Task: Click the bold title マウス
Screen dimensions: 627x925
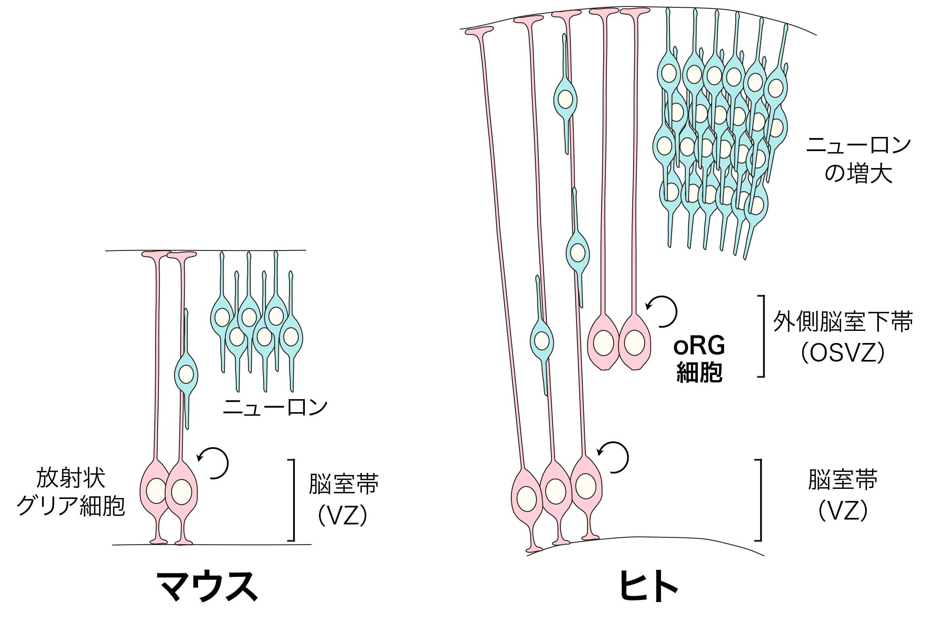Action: pos(207,587)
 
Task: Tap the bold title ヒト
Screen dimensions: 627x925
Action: pos(648,587)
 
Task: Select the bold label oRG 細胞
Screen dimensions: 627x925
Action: pos(699,359)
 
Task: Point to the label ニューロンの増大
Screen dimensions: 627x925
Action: pos(858,160)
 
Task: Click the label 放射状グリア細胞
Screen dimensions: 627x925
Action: pos(71,492)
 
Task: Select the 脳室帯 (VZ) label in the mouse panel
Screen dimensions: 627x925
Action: pos(343,499)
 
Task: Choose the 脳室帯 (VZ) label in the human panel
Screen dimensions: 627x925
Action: pos(843,495)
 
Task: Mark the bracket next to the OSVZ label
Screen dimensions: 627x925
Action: pos(762,336)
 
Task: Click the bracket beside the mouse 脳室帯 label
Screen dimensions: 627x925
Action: pos(293,500)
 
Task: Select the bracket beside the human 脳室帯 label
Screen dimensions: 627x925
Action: pos(760,500)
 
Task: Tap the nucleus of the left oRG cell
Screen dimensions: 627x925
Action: pos(603,343)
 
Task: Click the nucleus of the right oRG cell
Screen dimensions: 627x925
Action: pos(634,343)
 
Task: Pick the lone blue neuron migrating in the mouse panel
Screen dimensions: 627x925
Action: pos(186,374)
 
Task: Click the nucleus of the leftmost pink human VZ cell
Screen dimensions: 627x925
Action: pos(527,499)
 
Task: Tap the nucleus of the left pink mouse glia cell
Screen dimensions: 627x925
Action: pos(156,491)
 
